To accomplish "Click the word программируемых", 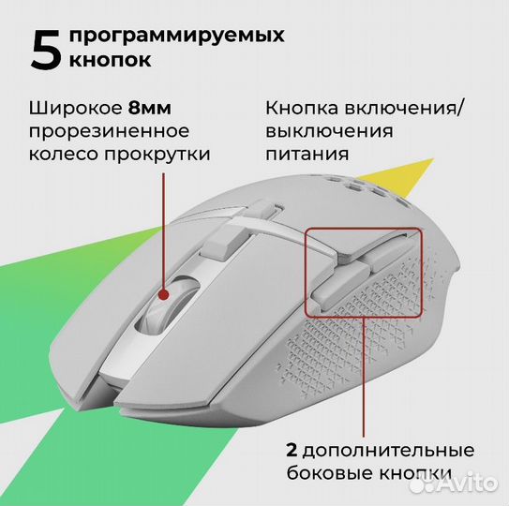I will [x=175, y=36].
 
